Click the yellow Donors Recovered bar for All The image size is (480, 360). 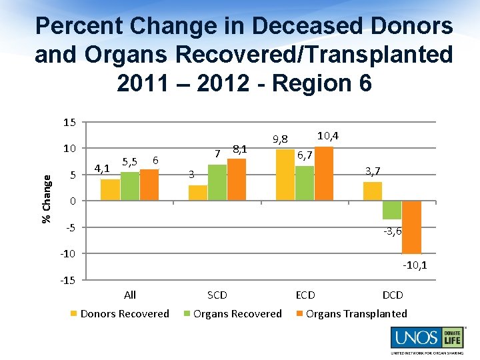click(x=110, y=190)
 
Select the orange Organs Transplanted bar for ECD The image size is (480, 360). click(x=323, y=174)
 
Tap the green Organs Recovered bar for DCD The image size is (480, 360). click(x=392, y=210)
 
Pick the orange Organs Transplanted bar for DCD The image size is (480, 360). click(x=412, y=227)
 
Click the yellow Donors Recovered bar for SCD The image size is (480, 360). click(x=197, y=193)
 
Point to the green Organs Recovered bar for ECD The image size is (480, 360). click(x=305, y=183)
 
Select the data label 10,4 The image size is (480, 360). click(x=327, y=136)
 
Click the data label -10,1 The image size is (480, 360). click(x=415, y=265)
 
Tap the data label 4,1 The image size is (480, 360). click(x=102, y=168)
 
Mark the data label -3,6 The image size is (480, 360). click(x=392, y=231)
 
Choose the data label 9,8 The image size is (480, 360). click(x=280, y=139)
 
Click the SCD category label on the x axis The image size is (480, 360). click(x=217, y=295)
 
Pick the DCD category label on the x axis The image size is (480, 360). click(x=392, y=295)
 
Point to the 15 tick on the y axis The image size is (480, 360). click(x=69, y=123)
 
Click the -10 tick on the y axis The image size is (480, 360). click(x=68, y=253)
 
